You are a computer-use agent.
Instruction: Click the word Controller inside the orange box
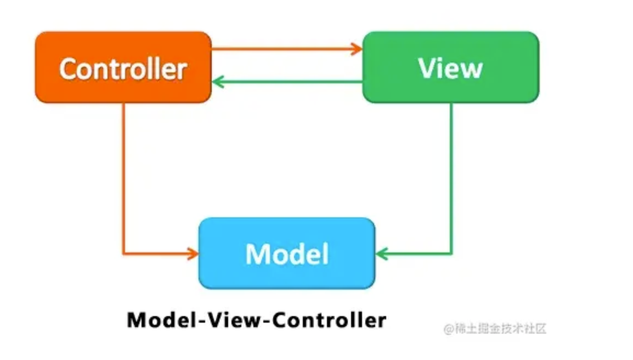pos(123,69)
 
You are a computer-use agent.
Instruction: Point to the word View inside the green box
pos(451,68)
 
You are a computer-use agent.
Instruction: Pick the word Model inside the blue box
pos(287,254)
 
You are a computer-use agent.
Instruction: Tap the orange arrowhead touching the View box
pos(358,49)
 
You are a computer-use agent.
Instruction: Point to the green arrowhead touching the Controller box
pos(217,82)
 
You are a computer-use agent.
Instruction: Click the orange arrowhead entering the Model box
pos(193,254)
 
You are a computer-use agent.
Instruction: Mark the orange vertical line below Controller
pos(123,176)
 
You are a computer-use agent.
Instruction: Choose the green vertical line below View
pos(451,176)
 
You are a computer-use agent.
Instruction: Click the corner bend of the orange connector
pos(123,254)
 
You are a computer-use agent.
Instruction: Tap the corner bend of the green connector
pos(451,254)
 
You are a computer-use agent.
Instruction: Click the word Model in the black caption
pos(158,320)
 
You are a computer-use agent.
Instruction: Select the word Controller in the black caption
pos(329,320)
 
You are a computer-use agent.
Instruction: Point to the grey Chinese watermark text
pos(495,329)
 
